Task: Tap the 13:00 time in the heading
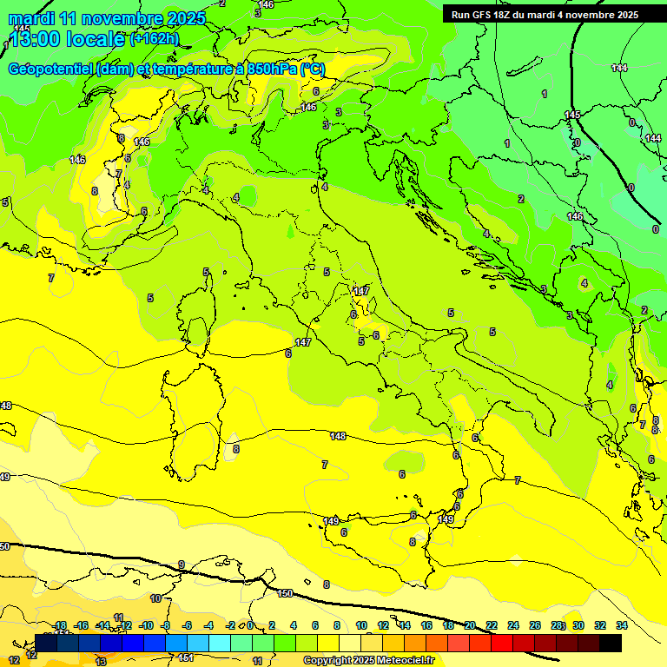click(x=36, y=39)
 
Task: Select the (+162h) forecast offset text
click(x=154, y=39)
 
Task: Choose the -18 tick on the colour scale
click(x=60, y=625)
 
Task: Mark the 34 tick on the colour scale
click(x=621, y=625)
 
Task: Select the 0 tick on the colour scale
click(x=250, y=625)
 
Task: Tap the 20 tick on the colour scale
click(x=470, y=625)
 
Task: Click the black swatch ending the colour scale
click(x=611, y=643)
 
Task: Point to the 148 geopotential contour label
click(x=338, y=436)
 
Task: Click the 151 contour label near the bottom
click(x=186, y=657)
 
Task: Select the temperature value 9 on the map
click(x=182, y=565)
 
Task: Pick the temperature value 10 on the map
click(x=155, y=598)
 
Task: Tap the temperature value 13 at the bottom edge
click(x=101, y=661)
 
